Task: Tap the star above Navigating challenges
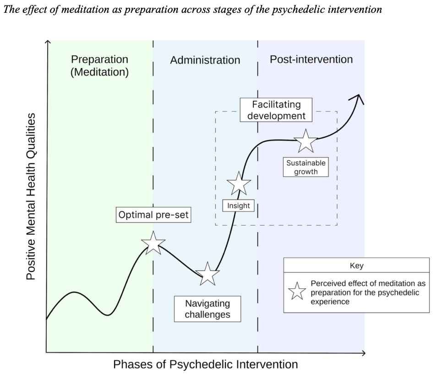point(208,274)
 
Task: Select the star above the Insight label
point(239,184)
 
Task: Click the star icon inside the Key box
point(297,291)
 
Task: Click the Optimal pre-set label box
point(153,215)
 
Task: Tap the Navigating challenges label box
point(208,309)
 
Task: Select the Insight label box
point(239,206)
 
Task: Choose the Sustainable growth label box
point(306,168)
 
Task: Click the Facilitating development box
point(276,110)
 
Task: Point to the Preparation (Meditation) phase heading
point(99,66)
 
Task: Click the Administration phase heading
point(205,60)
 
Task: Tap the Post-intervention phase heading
point(311,59)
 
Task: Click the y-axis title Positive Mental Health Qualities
point(31,196)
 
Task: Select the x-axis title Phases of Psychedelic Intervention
point(205,364)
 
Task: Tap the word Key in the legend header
point(356,266)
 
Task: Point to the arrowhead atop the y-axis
point(46,42)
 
